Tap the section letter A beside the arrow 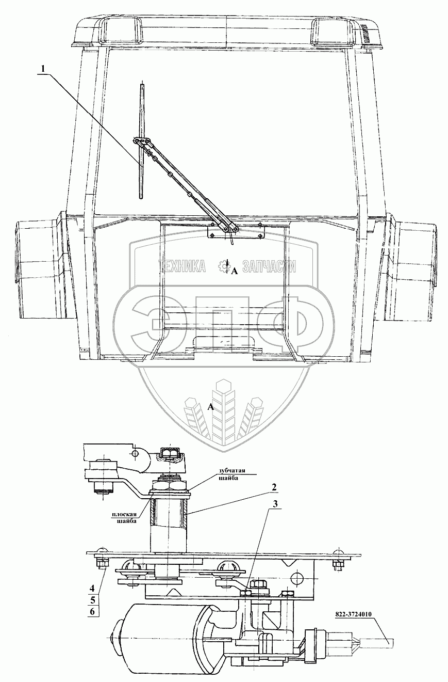coord(234,271)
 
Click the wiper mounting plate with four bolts coord(235,231)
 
